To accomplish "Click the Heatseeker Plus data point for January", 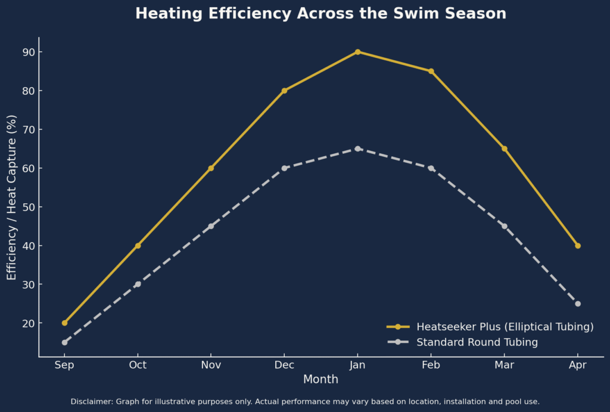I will [x=357, y=52].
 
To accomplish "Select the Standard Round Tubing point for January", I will [x=357, y=148].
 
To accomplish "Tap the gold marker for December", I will [x=284, y=91].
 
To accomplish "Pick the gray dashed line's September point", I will [x=64, y=342].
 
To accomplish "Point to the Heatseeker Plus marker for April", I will [x=578, y=246].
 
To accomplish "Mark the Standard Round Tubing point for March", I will [x=505, y=226].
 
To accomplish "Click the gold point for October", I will [x=138, y=246].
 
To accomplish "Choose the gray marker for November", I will [x=211, y=226].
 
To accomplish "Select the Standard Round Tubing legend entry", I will [x=477, y=342].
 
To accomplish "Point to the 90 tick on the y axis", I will [x=28, y=52].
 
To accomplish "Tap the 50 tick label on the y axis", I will [x=28, y=207].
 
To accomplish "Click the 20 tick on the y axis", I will [x=28, y=323].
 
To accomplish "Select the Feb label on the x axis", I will [x=431, y=364].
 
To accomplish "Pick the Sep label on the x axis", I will [x=64, y=364].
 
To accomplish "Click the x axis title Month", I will [x=320, y=379].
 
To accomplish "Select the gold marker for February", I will [x=431, y=71].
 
